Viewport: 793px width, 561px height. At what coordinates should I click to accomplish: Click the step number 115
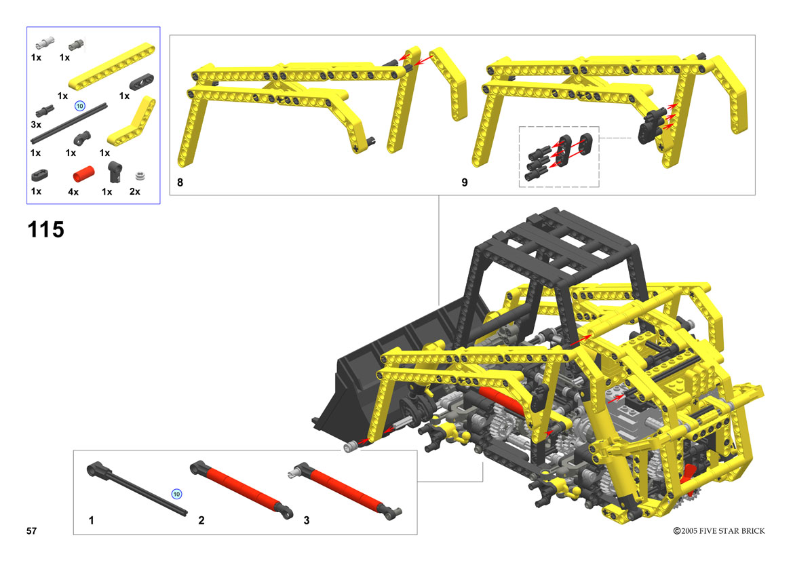[46, 229]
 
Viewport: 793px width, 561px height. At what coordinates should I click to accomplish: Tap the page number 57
[31, 530]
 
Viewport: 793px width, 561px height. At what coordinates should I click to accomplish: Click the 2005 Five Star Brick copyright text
[718, 530]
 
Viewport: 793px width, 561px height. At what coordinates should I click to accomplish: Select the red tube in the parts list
[83, 174]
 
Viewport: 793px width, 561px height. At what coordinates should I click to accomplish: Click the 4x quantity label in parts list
[73, 192]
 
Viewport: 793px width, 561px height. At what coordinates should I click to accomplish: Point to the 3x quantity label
[36, 124]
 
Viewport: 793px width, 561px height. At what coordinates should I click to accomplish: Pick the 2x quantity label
[135, 191]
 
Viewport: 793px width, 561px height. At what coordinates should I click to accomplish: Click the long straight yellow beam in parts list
[112, 66]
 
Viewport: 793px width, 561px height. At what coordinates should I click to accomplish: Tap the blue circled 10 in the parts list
[80, 106]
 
